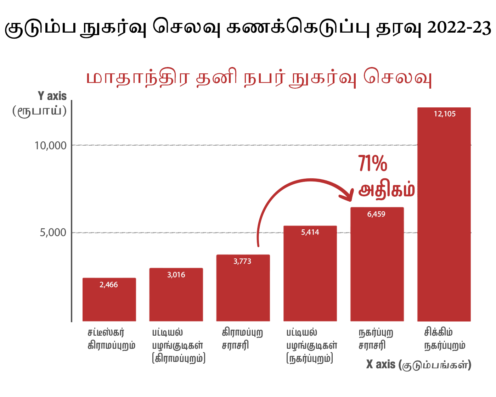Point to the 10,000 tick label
click(51, 145)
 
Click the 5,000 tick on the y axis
click(53, 233)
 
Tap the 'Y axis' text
click(52, 96)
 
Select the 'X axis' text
click(381, 364)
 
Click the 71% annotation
click(372, 164)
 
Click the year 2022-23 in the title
click(459, 28)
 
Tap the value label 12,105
click(445, 114)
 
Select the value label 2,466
click(109, 285)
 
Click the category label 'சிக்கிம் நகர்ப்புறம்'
click(445, 339)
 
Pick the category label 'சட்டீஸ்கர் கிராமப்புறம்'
click(111, 339)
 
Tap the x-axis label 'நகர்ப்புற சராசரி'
click(376, 339)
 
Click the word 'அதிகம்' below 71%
click(387, 190)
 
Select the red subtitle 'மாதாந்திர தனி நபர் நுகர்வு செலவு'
click(259, 78)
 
